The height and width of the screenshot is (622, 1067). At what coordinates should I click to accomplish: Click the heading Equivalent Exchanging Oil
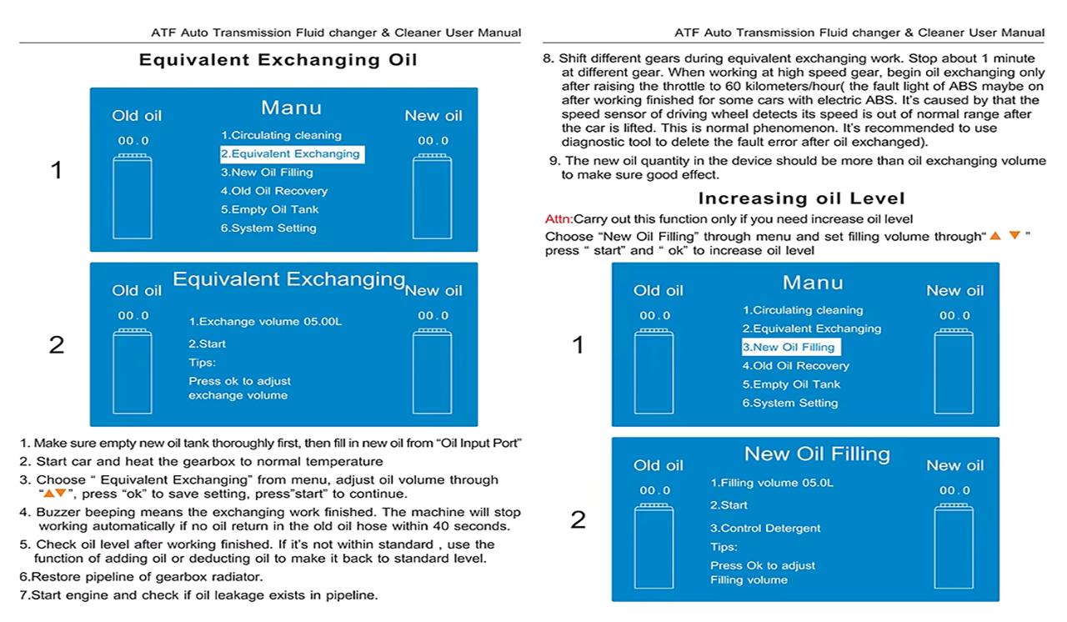pyautogui.click(x=278, y=60)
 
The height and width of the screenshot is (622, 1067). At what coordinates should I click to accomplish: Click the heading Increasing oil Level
pyautogui.click(x=800, y=198)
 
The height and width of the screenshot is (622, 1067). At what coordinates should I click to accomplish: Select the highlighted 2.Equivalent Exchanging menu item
pyautogui.click(x=291, y=154)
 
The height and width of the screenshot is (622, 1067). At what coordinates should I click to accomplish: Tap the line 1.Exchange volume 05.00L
pyautogui.click(x=265, y=321)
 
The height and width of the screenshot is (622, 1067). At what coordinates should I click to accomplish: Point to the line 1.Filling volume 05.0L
pyautogui.click(x=772, y=483)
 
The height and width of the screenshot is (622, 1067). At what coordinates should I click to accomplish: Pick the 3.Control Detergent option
pyautogui.click(x=765, y=529)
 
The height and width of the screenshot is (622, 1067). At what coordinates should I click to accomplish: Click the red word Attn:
pyautogui.click(x=559, y=219)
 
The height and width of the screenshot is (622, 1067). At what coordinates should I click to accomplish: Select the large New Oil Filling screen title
pyautogui.click(x=817, y=454)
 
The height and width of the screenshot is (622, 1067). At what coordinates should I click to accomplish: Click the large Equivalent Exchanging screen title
pyautogui.click(x=288, y=279)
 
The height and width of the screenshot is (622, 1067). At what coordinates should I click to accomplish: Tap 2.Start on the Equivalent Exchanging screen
pyautogui.click(x=207, y=344)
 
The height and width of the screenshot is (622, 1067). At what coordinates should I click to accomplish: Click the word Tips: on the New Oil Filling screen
pyautogui.click(x=724, y=547)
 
